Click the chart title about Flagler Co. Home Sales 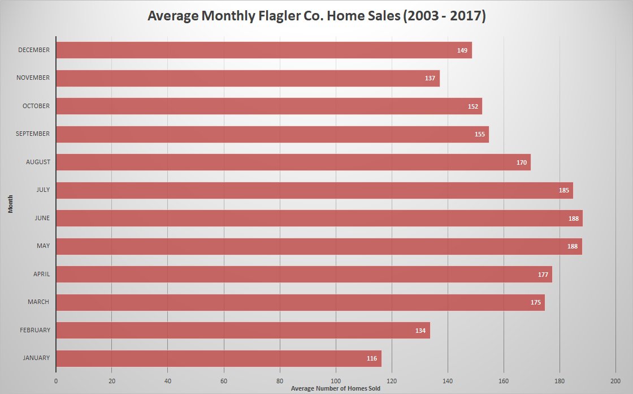pyautogui.click(x=316, y=16)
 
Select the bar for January pyautogui.click(x=219, y=358)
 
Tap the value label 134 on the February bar pyautogui.click(x=420, y=331)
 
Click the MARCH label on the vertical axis pyautogui.click(x=38, y=302)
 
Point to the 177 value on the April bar pyautogui.click(x=543, y=275)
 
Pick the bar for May pyautogui.click(x=319, y=246)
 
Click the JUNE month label pyautogui.click(x=42, y=218)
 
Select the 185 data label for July pyautogui.click(x=564, y=190)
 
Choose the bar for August pyautogui.click(x=293, y=162)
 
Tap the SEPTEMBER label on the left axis pyautogui.click(x=33, y=134)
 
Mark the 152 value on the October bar pyautogui.click(x=473, y=106)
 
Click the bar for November pyautogui.click(x=248, y=78)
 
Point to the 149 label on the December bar pyautogui.click(x=462, y=50)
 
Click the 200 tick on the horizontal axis pyautogui.click(x=615, y=380)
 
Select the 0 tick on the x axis pyautogui.click(x=56, y=380)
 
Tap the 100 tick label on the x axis pyautogui.click(x=336, y=380)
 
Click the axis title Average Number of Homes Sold pyautogui.click(x=335, y=389)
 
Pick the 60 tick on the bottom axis pyautogui.click(x=224, y=380)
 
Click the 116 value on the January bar pyautogui.click(x=372, y=358)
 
